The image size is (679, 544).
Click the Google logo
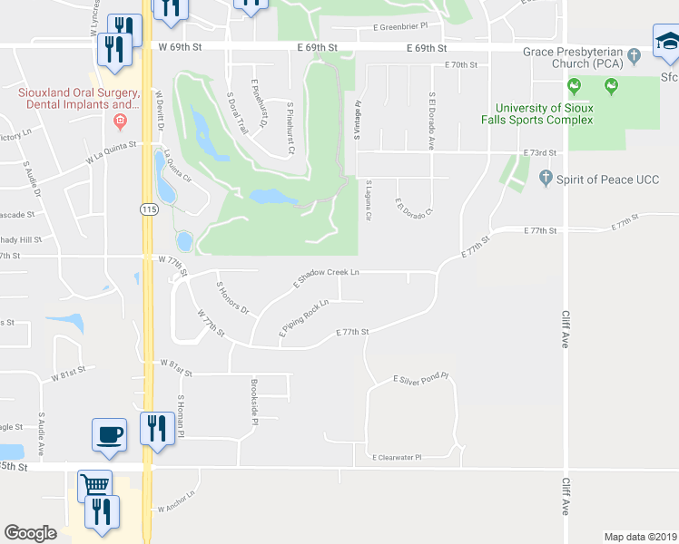pos(30,532)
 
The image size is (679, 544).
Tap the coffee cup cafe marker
pos(110,432)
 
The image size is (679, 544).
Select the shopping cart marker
pos(94,486)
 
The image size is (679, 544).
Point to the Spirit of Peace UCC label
pos(600,178)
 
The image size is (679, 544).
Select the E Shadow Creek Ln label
pos(326,277)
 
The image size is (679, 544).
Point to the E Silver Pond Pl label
pos(420,377)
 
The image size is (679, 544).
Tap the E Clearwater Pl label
pos(397,458)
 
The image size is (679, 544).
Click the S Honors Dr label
pos(231,297)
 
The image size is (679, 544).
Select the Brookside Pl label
pos(255,403)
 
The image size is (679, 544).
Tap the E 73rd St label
pos(537,153)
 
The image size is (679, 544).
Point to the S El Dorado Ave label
pos(432,120)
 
